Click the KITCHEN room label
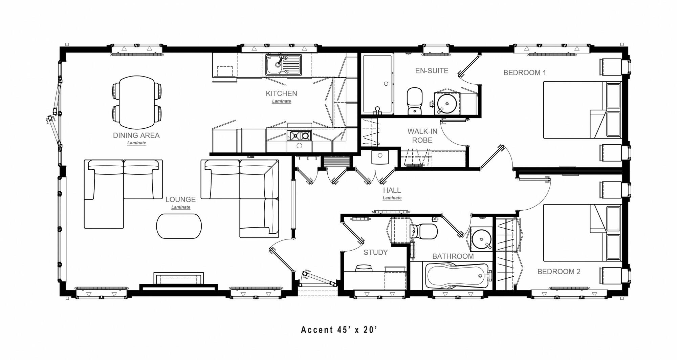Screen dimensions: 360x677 click(281, 93)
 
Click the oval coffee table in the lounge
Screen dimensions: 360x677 click(179, 226)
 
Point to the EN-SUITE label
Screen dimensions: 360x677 click(432, 71)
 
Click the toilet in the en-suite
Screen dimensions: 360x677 click(415, 101)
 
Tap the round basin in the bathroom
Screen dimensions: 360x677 click(481, 238)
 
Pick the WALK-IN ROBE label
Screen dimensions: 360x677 click(422, 135)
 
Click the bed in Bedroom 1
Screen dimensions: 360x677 click(575, 110)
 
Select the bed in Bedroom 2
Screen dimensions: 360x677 click(575, 233)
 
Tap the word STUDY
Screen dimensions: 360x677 click(375, 252)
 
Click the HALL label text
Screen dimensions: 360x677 click(392, 190)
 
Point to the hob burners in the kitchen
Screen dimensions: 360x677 click(300, 136)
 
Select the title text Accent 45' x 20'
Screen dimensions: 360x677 click(339, 330)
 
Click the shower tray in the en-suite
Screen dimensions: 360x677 click(377, 84)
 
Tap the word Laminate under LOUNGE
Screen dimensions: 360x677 click(180, 207)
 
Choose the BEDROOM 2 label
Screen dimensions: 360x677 click(559, 272)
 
